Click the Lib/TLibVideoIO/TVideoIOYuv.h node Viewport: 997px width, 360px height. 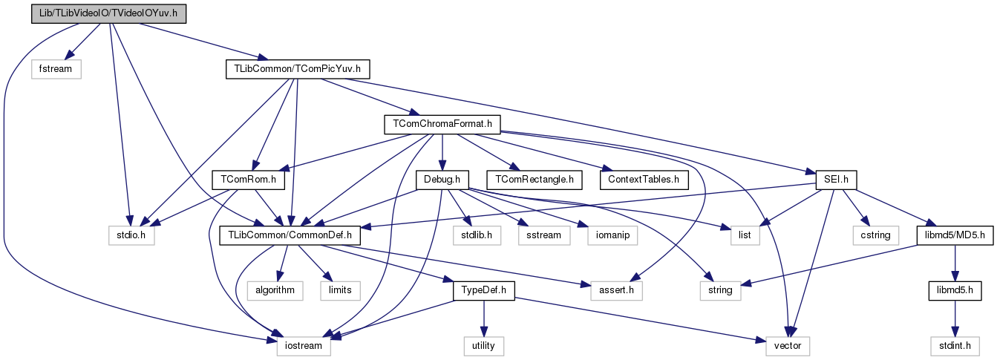tap(109, 13)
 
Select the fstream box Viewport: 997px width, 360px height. tap(56, 69)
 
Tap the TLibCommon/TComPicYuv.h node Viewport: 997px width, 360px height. tap(297, 69)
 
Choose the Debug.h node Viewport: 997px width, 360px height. tap(442, 180)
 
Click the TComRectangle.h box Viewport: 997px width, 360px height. tap(535, 180)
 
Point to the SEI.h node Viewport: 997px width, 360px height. tap(836, 180)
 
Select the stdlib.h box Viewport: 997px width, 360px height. tap(472, 235)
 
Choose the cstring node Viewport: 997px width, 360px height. tap(877, 235)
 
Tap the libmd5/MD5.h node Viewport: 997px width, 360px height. tap(952, 235)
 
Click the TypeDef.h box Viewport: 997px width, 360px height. tap(484, 290)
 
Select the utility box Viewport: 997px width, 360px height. tap(484, 345)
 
